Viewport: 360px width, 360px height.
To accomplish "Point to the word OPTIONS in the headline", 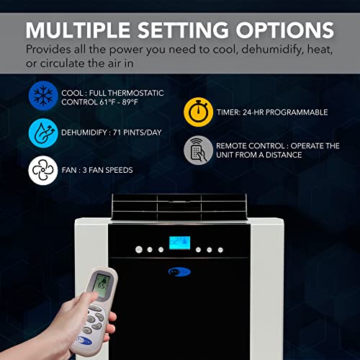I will (x=284, y=31).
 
